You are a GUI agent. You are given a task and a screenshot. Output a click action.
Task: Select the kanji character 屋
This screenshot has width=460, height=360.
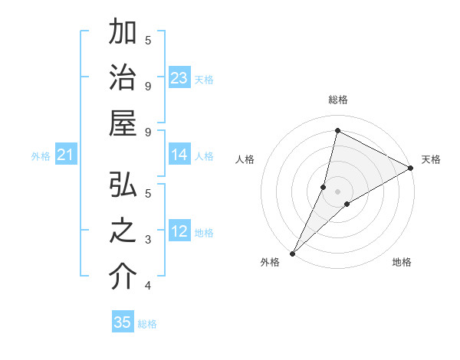(123, 123)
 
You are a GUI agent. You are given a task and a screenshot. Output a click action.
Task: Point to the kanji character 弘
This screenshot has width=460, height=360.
(123, 186)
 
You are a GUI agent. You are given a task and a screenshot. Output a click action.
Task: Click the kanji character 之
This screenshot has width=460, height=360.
(123, 232)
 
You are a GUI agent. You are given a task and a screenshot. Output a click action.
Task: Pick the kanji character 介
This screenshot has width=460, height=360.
(123, 277)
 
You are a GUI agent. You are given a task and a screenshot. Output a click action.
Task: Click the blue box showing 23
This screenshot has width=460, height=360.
(179, 78)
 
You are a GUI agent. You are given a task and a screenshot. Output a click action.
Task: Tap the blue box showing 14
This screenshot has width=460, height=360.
(179, 155)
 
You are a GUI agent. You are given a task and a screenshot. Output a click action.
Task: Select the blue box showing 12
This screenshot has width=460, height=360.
(179, 232)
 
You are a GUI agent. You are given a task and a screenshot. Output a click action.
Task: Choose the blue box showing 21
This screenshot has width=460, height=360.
(65, 155)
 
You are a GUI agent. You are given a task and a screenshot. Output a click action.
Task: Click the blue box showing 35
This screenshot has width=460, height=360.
(123, 322)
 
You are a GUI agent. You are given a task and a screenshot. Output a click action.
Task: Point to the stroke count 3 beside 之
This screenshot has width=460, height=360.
(148, 240)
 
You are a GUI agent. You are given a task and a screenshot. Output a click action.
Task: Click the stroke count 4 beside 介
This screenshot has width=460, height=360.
(148, 286)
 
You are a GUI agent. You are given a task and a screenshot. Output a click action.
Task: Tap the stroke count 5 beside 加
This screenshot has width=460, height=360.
(148, 40)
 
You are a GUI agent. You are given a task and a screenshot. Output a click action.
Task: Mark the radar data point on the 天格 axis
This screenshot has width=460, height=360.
(410, 169)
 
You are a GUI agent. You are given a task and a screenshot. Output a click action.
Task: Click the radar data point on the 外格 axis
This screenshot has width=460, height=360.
(292, 253)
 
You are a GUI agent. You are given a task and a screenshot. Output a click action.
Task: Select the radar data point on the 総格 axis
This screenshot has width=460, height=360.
(337, 129)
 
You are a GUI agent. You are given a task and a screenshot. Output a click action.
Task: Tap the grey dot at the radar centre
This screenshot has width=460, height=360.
(337, 191)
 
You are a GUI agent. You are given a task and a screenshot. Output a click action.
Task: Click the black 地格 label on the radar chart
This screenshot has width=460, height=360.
(402, 262)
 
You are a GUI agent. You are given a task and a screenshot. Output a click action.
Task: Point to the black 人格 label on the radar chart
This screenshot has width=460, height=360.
(245, 159)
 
